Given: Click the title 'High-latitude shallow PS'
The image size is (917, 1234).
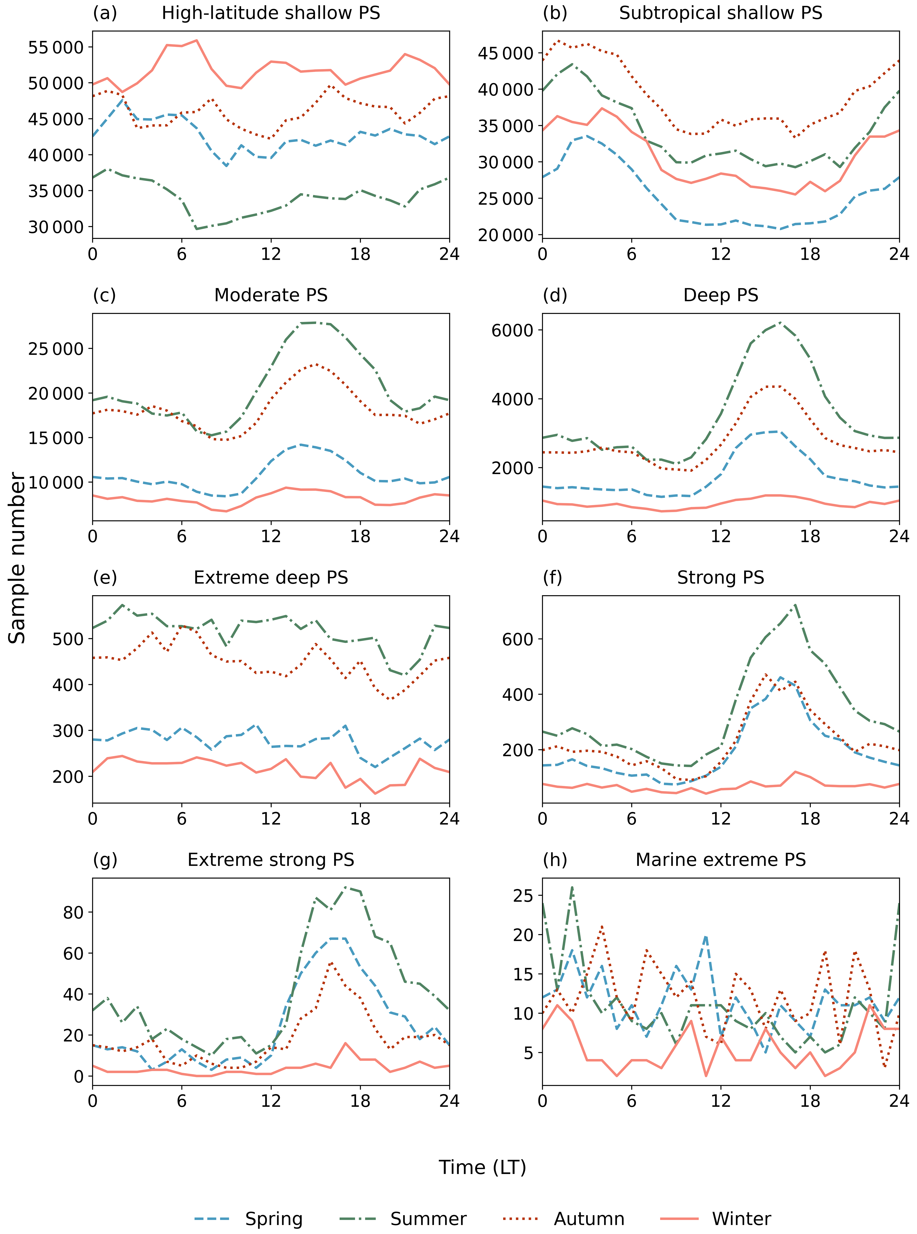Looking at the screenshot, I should coord(271,13).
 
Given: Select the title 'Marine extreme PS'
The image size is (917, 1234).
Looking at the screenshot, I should coord(721,860).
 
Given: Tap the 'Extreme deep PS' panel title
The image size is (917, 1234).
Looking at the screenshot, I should coord(271,577).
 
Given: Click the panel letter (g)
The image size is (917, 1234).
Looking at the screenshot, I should coord(105,860).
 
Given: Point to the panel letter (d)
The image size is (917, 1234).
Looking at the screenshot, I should coord(555,295).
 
